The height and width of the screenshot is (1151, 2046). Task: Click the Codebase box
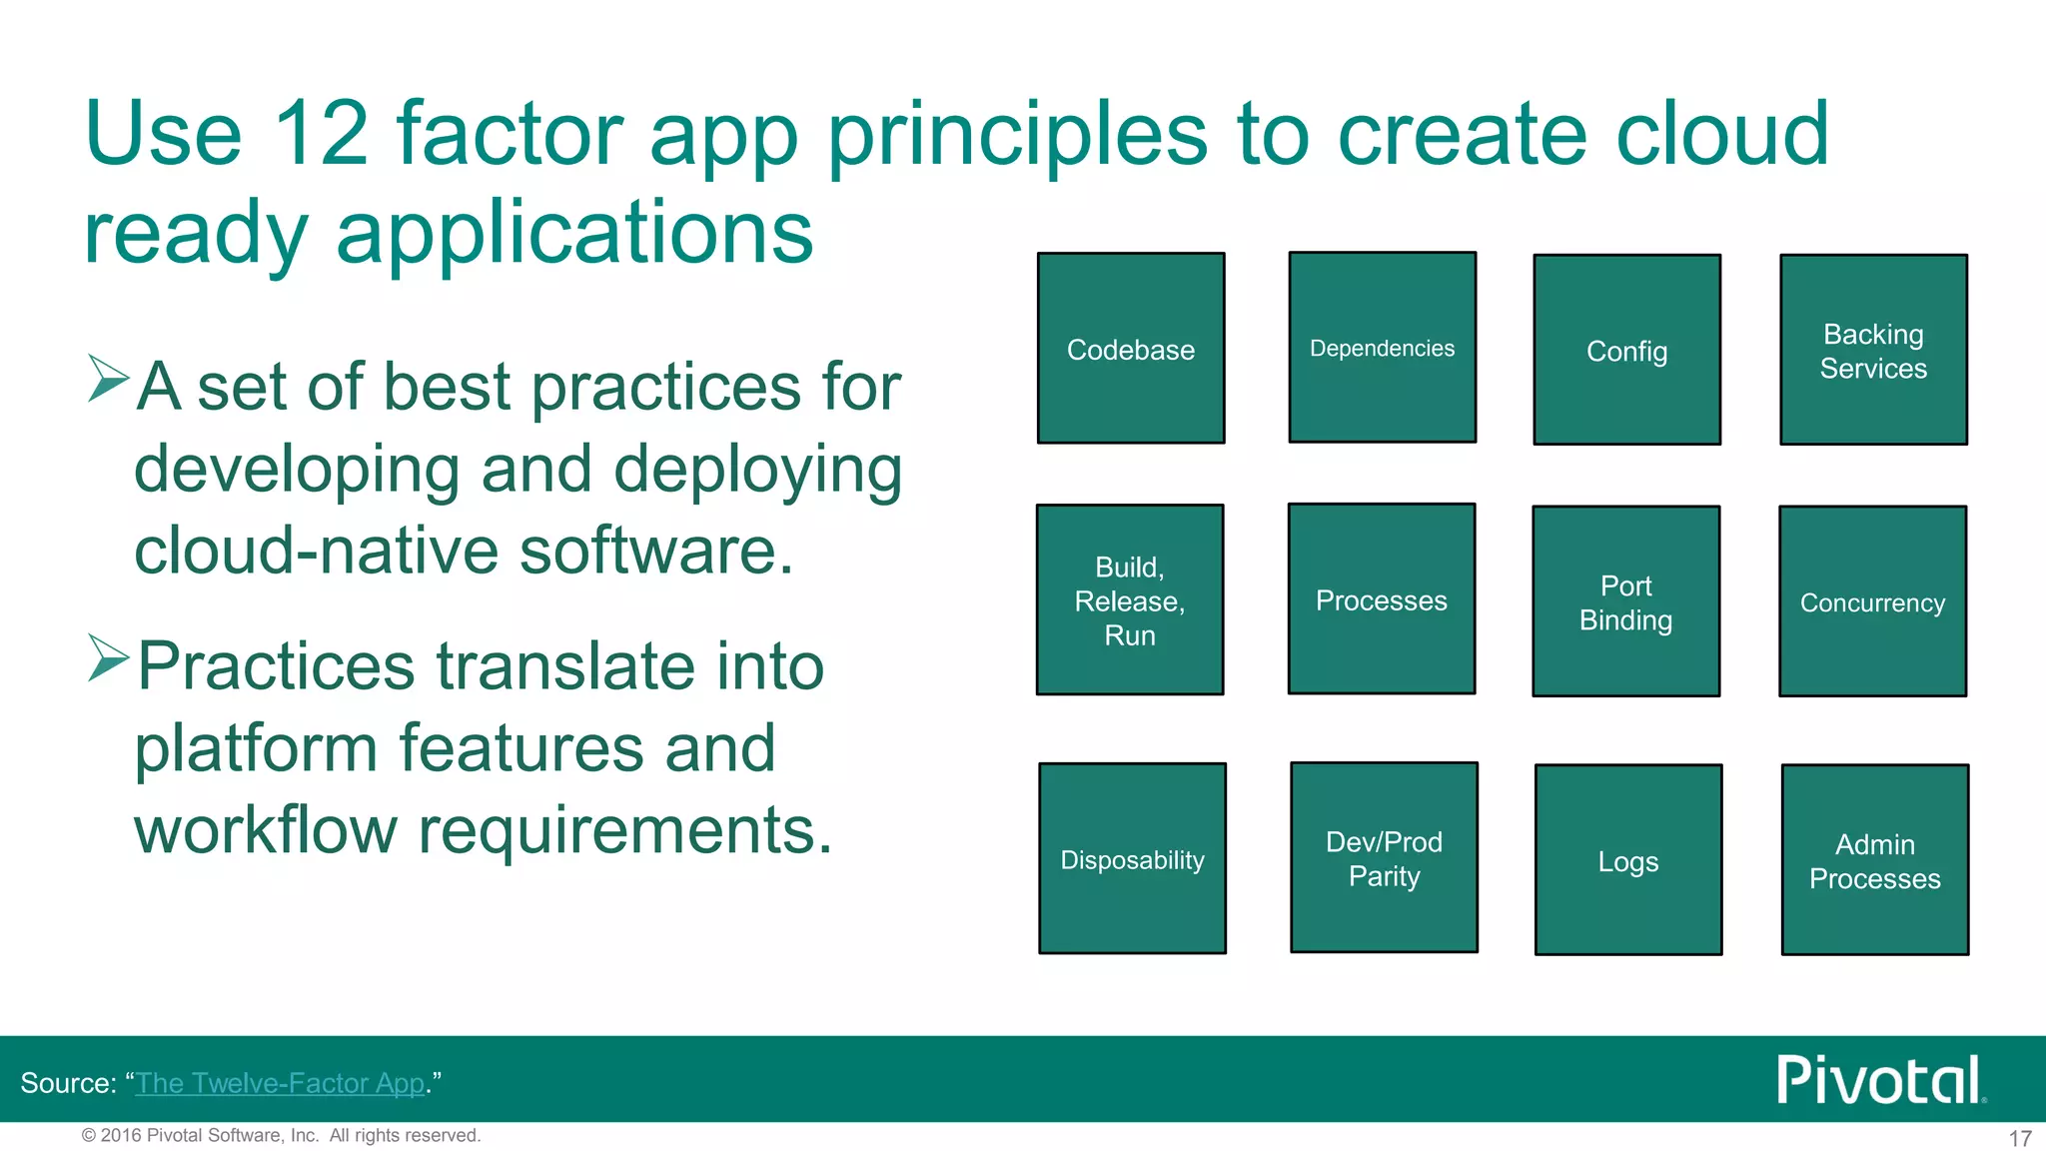click(1131, 348)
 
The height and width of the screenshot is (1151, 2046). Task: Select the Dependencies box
click(1383, 347)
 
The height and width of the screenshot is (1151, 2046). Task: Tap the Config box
click(1626, 350)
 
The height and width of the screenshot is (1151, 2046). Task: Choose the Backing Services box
click(1873, 350)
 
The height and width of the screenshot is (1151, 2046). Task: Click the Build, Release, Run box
click(1130, 599)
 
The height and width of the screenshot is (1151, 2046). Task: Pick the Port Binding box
click(1626, 601)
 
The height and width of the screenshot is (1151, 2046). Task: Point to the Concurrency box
click(1872, 601)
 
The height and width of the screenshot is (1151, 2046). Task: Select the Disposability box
click(1132, 858)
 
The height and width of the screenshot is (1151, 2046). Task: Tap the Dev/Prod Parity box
click(1384, 857)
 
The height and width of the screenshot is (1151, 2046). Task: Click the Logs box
click(1628, 860)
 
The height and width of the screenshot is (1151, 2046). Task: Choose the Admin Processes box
click(1875, 860)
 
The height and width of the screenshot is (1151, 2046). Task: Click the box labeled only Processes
click(1382, 598)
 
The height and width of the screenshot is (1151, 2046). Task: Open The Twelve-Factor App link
click(281, 1083)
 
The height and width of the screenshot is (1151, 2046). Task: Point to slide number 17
click(2020, 1138)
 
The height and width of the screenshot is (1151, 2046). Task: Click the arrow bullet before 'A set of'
click(108, 379)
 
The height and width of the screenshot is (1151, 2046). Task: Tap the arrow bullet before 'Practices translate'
click(108, 658)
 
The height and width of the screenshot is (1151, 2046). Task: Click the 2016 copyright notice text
click(281, 1135)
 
